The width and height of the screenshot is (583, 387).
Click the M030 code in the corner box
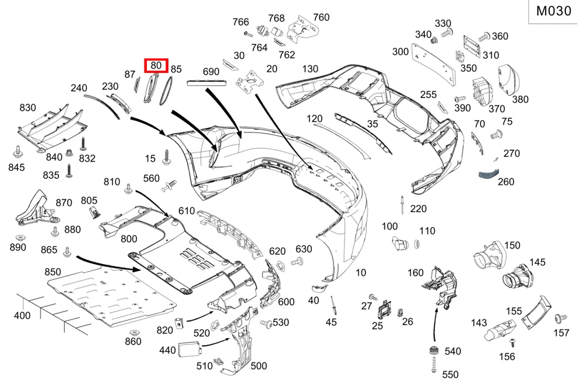tap(553, 11)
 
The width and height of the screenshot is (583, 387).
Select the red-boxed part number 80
tap(156, 65)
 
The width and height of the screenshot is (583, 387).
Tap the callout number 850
tap(52, 272)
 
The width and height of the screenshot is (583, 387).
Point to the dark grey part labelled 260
tap(488, 174)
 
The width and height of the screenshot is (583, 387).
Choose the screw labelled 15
tap(166, 157)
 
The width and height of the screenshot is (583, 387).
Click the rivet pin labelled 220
tap(402, 205)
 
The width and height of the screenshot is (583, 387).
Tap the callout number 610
tap(187, 211)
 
